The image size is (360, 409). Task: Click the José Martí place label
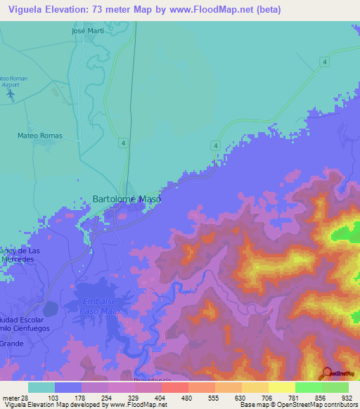coord(87,31)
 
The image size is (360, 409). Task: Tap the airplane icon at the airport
coord(10,92)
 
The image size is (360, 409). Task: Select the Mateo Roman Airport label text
coord(13,82)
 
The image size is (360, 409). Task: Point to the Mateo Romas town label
coord(40,136)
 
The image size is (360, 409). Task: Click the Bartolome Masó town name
coord(127,199)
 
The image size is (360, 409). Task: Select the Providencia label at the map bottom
coord(152,379)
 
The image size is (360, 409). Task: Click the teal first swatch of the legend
coord(41,387)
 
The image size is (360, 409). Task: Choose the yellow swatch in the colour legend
coord(282,387)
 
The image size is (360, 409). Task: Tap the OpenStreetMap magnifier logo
coord(328,373)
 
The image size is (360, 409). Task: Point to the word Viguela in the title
coord(27,10)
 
